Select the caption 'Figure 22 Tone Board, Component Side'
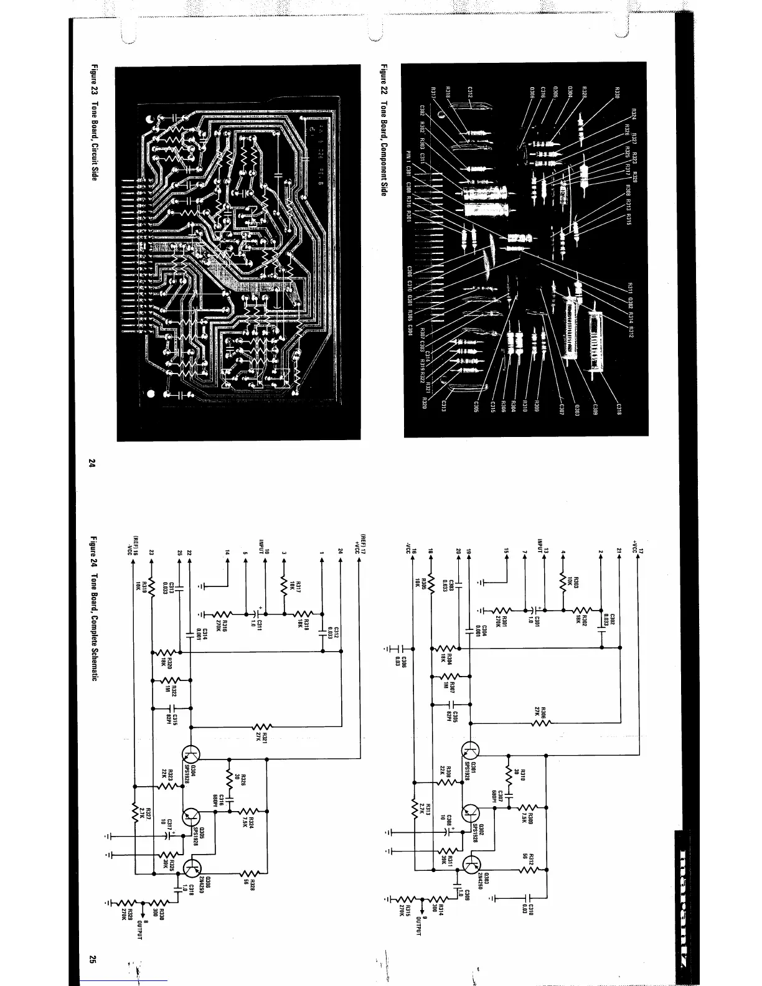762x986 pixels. pyautogui.click(x=384, y=131)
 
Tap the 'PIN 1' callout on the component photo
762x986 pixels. pyautogui.click(x=410, y=156)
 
